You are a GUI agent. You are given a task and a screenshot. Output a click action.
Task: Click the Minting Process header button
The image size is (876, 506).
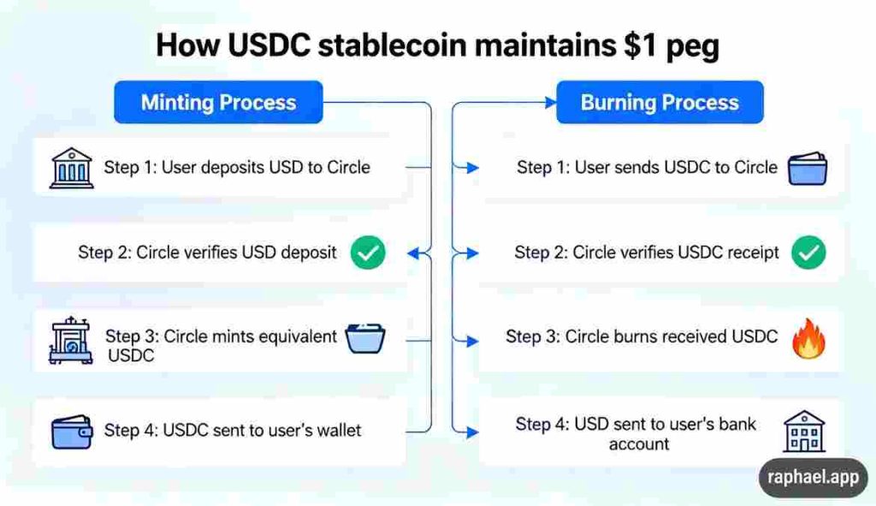218,103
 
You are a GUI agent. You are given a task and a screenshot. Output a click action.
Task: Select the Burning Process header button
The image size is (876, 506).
659,103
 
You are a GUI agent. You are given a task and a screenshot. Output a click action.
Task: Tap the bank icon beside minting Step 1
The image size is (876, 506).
72,167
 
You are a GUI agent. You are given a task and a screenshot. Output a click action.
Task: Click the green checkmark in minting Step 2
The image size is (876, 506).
368,253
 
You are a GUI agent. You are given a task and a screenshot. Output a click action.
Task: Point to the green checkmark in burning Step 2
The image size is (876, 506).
808,253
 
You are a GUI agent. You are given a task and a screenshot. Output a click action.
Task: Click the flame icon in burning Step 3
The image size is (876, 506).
808,337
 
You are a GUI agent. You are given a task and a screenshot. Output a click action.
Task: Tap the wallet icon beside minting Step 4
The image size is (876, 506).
72,431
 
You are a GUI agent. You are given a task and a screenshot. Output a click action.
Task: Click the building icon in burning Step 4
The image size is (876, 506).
804,431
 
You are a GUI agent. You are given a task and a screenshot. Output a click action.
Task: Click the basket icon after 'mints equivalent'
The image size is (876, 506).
365,339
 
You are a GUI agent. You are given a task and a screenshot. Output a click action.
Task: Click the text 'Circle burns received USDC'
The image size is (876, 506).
672,336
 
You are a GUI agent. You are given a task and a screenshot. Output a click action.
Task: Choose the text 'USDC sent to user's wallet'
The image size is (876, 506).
262,430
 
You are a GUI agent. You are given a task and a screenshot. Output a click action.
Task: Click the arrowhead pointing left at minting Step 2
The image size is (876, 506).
414,253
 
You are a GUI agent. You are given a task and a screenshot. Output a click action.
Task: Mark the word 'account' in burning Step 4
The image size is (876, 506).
639,444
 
